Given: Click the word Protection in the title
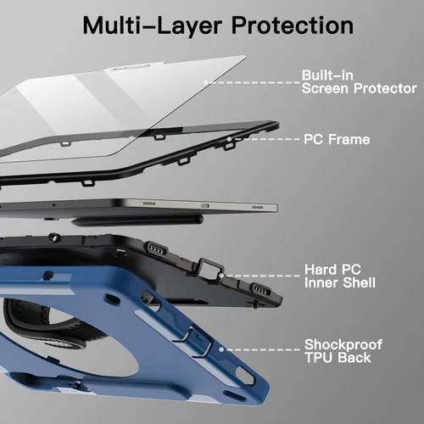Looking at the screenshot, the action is pos(293,25).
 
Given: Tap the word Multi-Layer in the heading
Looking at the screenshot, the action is pos(152,25).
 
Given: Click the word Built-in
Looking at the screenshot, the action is pos(327,75).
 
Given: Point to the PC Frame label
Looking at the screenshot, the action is pos(337,140).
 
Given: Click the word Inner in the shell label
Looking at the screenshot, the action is pos(321,283).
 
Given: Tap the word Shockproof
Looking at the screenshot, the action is pos(343,345).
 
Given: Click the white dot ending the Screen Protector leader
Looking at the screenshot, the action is pos(206,82).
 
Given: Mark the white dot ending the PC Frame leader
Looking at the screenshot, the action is pos(229,139).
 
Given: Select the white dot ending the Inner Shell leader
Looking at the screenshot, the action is pos(221,276).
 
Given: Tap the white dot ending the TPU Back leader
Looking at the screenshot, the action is pos(221,349).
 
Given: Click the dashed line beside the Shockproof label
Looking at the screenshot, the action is pos(261,350).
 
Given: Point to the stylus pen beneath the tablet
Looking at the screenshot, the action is pos(137,220).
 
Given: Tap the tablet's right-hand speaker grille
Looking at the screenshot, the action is pos(257,208).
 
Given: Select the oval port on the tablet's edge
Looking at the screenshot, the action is pos(205,206).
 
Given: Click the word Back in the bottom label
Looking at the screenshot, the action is pos(354,358).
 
